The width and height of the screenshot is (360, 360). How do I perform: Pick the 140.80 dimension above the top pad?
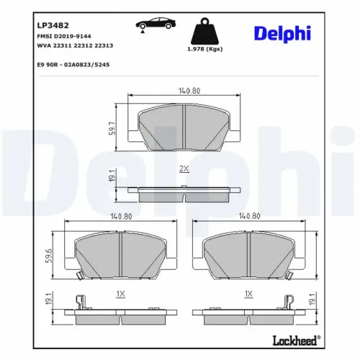[183, 91]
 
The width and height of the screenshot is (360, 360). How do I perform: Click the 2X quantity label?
[184, 168]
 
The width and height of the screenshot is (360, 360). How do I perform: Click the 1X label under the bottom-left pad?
[120, 294]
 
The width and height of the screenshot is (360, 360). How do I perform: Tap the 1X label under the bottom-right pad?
[248, 294]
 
